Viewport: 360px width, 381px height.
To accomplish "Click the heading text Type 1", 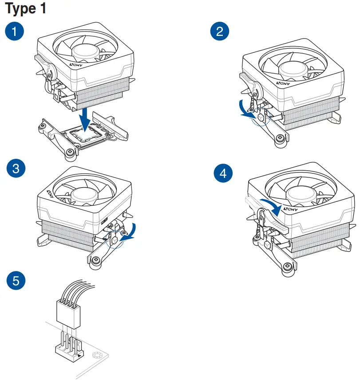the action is (x=25, y=8).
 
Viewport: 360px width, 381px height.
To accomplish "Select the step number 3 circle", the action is (x=16, y=169).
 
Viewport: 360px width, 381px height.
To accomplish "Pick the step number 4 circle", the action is (x=223, y=173).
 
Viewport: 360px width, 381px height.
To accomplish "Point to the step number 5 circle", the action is (x=16, y=280).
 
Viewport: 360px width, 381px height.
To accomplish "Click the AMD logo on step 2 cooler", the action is (x=282, y=83).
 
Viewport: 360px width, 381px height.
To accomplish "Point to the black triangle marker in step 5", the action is (x=79, y=354).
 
